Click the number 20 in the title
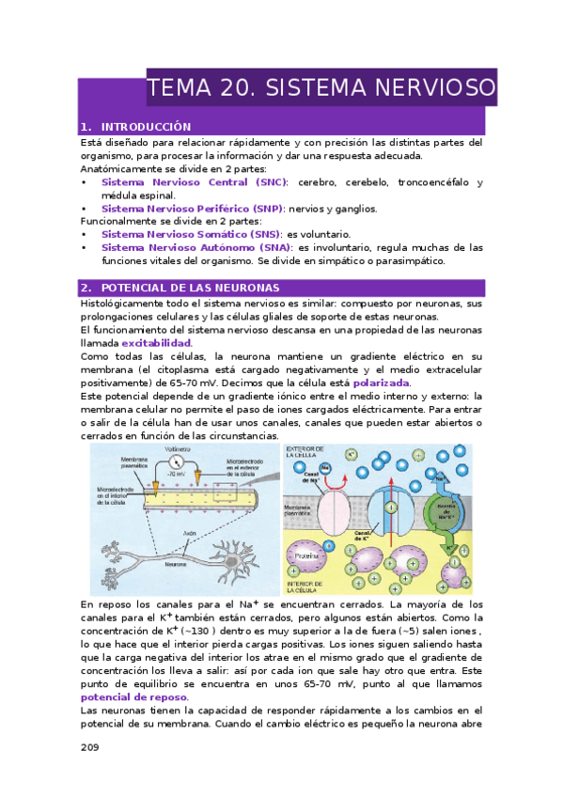coord(232,89)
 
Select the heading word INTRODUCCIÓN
coord(146,127)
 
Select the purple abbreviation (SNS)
coord(258,234)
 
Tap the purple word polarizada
coord(381,383)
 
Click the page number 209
coord(91,748)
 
